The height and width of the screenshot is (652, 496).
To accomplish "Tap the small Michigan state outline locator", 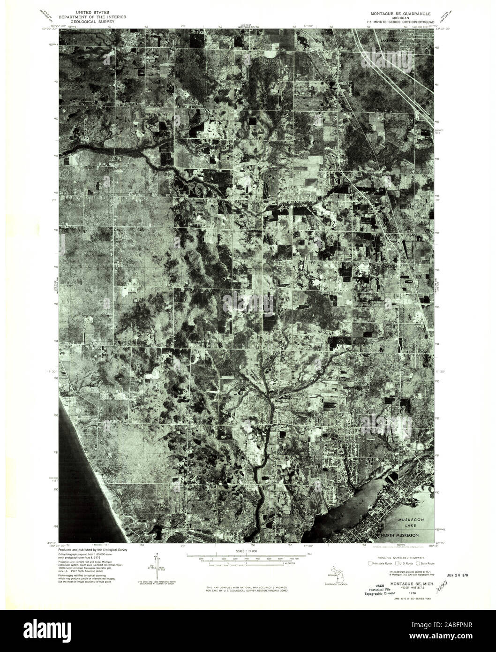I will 331,575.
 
